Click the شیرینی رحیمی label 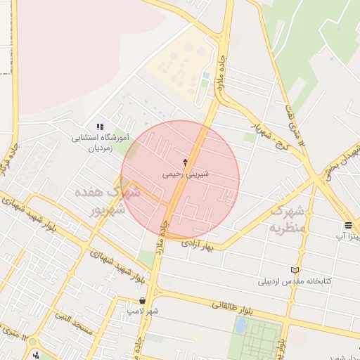186,173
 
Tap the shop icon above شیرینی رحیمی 186,161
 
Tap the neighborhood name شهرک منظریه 289,219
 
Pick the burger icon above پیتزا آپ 349,225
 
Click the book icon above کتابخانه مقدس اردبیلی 295,271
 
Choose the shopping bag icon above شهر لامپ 143,300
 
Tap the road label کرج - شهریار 261,123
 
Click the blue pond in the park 241,326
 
